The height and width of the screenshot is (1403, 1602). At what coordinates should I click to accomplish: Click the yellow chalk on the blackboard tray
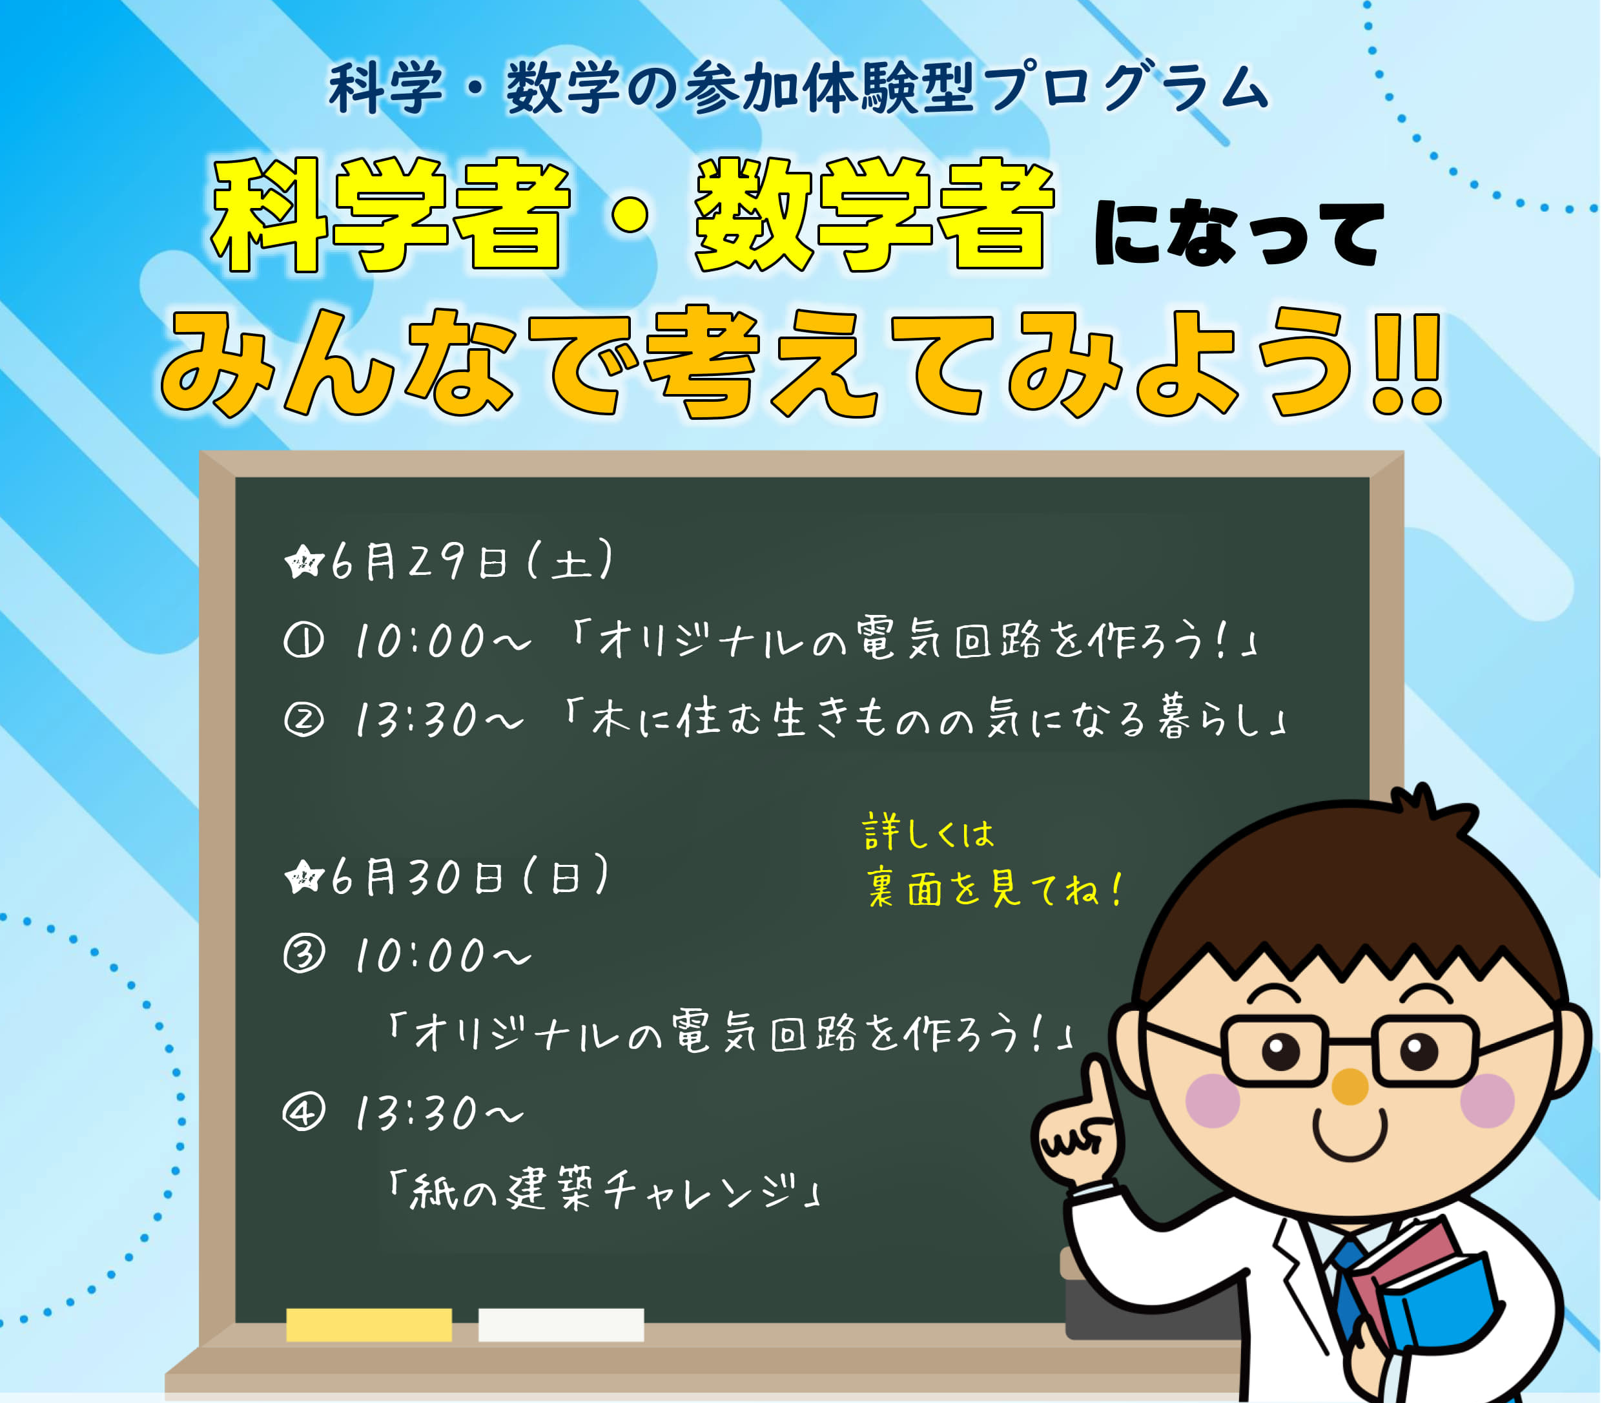pyautogui.click(x=369, y=1325)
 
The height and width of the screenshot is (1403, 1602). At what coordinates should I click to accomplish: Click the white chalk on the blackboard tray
pyautogui.click(x=561, y=1325)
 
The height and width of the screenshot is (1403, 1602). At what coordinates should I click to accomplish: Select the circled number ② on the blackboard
pyautogui.click(x=303, y=720)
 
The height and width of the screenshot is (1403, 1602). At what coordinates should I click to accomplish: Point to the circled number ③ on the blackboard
pyautogui.click(x=303, y=955)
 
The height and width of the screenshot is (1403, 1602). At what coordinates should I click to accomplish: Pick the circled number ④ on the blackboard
pyautogui.click(x=303, y=1112)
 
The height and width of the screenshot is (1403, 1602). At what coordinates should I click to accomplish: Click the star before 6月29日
pyautogui.click(x=303, y=562)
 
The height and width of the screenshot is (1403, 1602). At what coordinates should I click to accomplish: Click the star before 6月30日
pyautogui.click(x=303, y=877)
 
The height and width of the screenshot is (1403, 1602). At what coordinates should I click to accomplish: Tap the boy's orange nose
pyautogui.click(x=1350, y=1086)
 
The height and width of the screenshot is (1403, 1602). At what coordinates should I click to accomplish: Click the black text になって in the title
pyautogui.click(x=1238, y=233)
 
